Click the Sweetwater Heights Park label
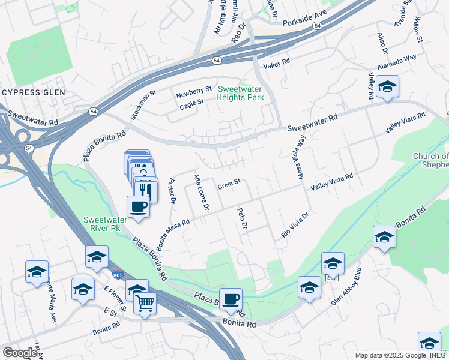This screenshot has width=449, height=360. coord(240,93)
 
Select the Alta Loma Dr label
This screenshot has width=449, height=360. coord(200,191)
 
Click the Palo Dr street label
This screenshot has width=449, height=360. coord(243,217)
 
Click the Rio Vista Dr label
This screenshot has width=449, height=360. coord(295,224)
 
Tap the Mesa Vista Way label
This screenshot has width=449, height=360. coord(301,157)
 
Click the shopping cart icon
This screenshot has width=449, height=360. coord(145,302)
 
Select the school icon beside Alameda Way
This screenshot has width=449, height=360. coord(388,88)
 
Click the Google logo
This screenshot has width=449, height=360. coord(20,353)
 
